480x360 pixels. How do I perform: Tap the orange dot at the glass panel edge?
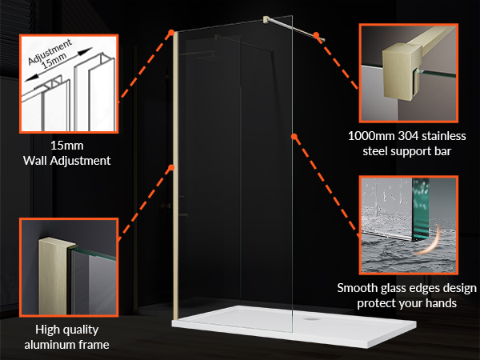click(294, 136)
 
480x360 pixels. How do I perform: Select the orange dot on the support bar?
click(316, 35)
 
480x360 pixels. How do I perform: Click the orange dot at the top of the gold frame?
click(171, 32)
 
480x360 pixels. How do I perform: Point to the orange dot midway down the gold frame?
click(171, 167)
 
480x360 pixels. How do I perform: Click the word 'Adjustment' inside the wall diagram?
click(50, 52)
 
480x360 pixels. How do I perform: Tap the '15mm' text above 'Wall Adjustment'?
click(67, 146)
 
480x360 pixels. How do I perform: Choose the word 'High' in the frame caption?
click(47, 330)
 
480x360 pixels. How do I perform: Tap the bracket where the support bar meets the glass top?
click(266, 19)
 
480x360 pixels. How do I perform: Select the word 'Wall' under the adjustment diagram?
click(35, 161)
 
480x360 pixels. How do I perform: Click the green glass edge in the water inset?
click(420, 208)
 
